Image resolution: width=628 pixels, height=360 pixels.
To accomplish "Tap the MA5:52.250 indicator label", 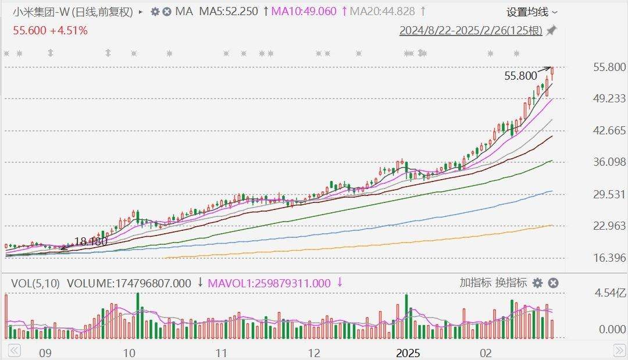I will point(229,12).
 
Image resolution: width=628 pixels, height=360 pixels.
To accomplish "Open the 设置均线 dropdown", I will point(531,12).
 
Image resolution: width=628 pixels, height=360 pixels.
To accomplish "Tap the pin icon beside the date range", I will point(551,31).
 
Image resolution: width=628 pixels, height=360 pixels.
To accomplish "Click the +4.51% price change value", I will point(69,30).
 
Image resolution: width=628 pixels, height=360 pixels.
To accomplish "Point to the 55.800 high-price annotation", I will point(520,76).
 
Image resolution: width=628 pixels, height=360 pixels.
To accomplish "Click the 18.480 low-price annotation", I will point(91,242).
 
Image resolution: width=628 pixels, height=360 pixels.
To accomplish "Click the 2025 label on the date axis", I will point(408,352).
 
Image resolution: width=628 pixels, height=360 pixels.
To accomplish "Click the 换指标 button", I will point(511,283).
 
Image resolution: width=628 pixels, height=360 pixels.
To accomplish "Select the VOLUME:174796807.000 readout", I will point(129,283).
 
